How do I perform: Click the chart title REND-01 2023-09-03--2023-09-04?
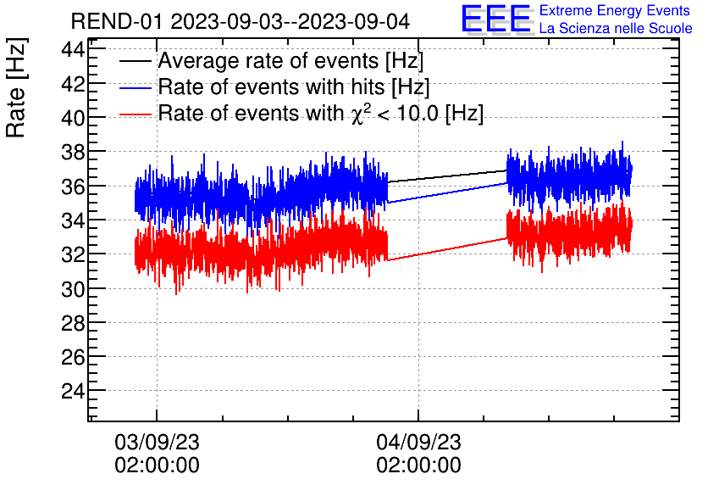pyautogui.click(x=234, y=21)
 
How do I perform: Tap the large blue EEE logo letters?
pyautogui.click(x=496, y=19)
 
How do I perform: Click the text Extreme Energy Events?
pyautogui.click(x=614, y=11)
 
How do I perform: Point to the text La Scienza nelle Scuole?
pyautogui.click(x=615, y=28)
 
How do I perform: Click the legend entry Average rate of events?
pyautogui.click(x=290, y=62)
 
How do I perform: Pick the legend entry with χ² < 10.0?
pyautogui.click(x=320, y=114)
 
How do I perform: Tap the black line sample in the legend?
pyautogui.click(x=137, y=62)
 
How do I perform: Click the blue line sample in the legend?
pyautogui.click(x=137, y=87)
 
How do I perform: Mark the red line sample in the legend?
pyautogui.click(x=137, y=114)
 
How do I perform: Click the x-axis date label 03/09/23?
pyautogui.click(x=157, y=443)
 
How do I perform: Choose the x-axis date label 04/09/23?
pyautogui.click(x=418, y=443)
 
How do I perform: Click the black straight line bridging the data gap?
pyautogui.click(x=447, y=176)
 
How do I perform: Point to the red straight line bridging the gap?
pyautogui.click(x=447, y=248)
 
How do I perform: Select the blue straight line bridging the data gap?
pyautogui.click(x=447, y=192)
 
